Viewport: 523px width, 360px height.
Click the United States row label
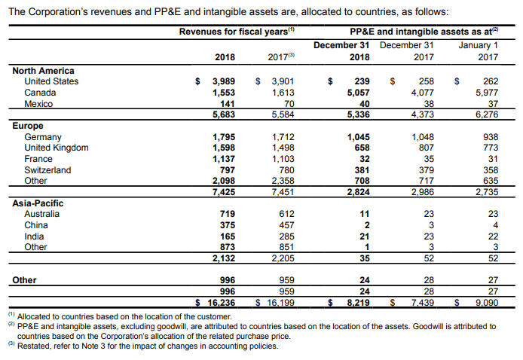pos(51,81)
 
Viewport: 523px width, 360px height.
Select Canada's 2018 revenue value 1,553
pos(224,93)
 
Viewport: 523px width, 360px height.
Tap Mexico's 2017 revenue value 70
pos(289,104)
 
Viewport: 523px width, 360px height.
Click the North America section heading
pos(44,71)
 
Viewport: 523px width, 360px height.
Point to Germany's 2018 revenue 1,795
pos(224,137)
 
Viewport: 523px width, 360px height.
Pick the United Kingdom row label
pos(57,148)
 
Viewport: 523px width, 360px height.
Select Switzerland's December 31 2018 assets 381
pos(362,170)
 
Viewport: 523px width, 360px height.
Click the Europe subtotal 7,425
pos(224,192)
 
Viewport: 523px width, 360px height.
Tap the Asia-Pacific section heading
pos(38,203)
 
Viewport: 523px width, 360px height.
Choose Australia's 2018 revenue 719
pos(228,214)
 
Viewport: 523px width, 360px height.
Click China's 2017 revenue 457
pos(286,225)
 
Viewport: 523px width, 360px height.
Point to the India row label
pos(34,236)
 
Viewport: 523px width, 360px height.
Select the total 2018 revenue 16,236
pos(221,303)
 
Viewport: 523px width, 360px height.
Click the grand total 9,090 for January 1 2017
pos(487,303)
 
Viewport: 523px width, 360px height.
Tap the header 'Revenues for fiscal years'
pos(234,32)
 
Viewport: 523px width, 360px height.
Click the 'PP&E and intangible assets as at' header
pos(421,32)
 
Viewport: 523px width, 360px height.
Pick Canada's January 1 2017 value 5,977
pos(487,93)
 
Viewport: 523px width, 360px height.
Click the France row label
pos(38,159)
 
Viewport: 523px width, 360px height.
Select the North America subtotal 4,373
pos(423,114)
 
